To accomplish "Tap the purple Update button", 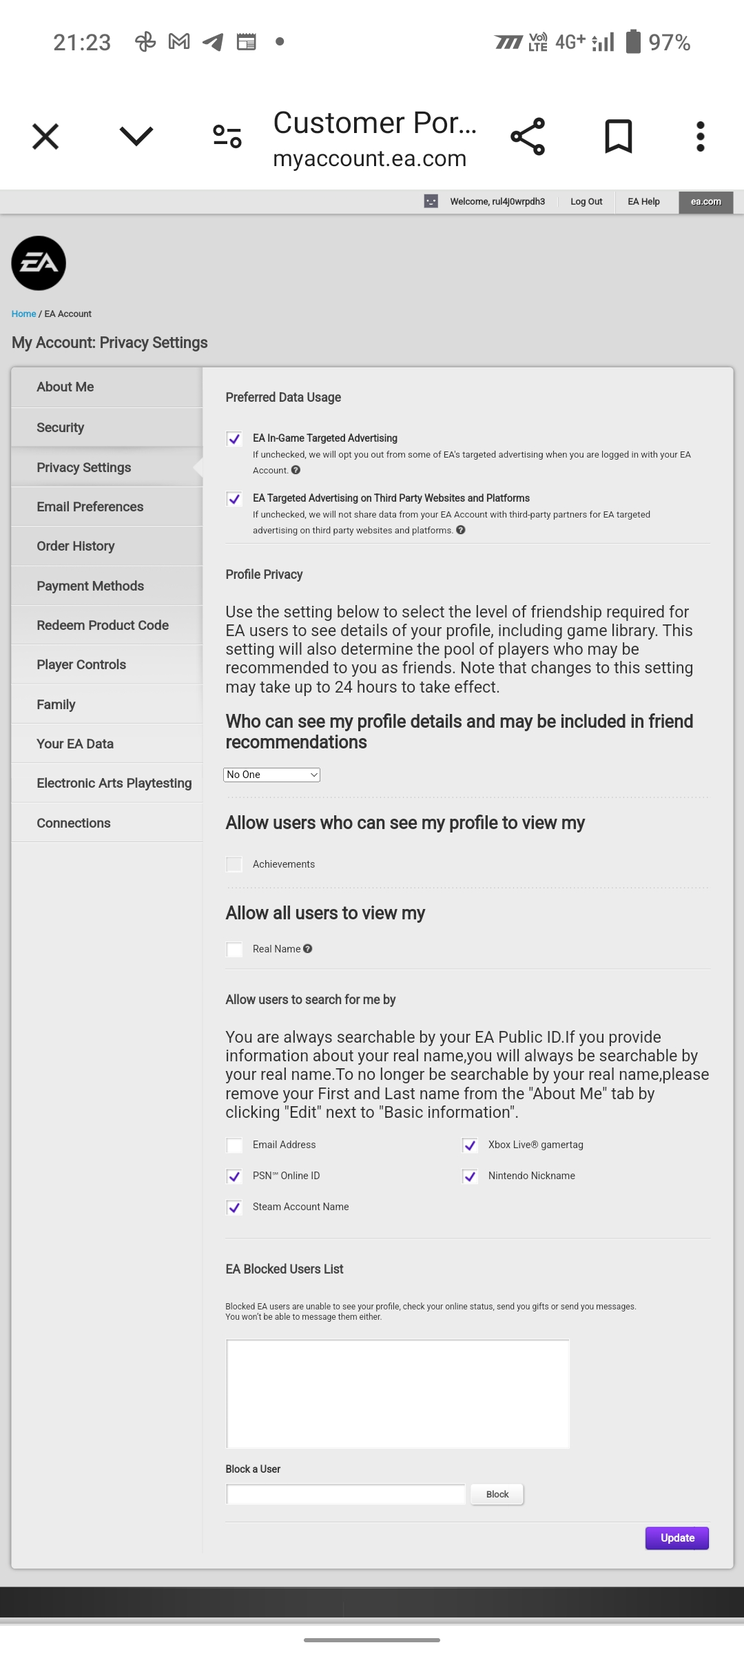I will pyautogui.click(x=676, y=1538).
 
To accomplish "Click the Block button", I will pyautogui.click(x=497, y=1494).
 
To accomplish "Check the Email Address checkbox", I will pyautogui.click(x=234, y=1145).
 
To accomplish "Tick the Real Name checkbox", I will pyautogui.click(x=234, y=950).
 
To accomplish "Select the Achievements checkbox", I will pyautogui.click(x=234, y=864).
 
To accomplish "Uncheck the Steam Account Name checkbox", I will pyautogui.click(x=234, y=1207).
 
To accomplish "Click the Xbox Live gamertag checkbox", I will pyautogui.click(x=470, y=1145).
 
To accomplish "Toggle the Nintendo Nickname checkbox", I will pyautogui.click(x=470, y=1176).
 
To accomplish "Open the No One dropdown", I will pyautogui.click(x=271, y=775).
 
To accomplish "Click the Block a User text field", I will pyautogui.click(x=345, y=1494).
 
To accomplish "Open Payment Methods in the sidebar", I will pyautogui.click(x=90, y=586).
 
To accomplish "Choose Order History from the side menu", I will pyautogui.click(x=76, y=546).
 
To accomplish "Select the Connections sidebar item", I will pyautogui.click(x=74, y=823).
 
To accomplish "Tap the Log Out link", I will pyautogui.click(x=586, y=202).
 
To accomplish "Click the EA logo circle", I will pyautogui.click(x=39, y=263).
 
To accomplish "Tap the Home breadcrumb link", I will pyautogui.click(x=23, y=314).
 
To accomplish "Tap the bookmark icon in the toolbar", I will pyautogui.click(x=618, y=136).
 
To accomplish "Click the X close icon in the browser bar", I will pyautogui.click(x=45, y=136).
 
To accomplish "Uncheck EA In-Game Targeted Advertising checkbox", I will pyautogui.click(x=234, y=439).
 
